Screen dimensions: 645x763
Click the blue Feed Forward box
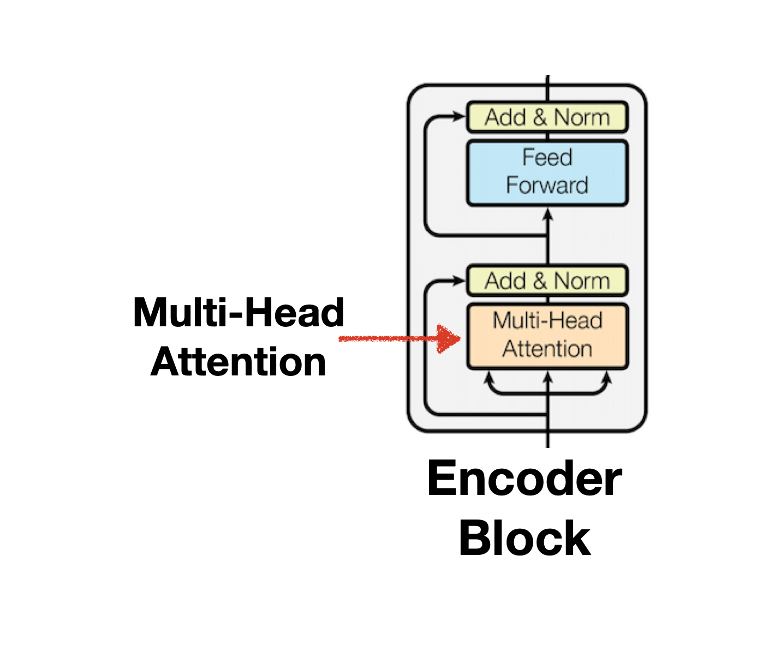tap(547, 173)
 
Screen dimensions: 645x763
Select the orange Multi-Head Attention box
tap(547, 336)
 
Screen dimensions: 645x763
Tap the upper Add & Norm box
tap(547, 117)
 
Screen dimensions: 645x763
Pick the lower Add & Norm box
tap(547, 280)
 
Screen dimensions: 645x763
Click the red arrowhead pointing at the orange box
tap(450, 339)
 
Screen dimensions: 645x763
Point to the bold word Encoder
tap(524, 479)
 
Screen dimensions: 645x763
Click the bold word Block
tap(524, 538)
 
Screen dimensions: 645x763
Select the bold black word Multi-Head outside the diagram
tap(239, 313)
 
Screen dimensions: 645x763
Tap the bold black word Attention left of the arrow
tap(239, 362)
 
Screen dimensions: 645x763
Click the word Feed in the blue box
tap(547, 158)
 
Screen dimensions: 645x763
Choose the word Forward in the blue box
tap(547, 186)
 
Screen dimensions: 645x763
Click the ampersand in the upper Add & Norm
tap(540, 117)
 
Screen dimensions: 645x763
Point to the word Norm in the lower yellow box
tap(582, 281)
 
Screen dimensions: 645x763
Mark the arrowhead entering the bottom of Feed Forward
tap(548, 214)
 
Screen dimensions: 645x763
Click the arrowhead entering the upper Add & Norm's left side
tap(459, 116)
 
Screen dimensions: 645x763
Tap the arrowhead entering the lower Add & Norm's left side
tap(459, 280)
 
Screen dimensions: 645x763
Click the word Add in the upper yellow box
tap(505, 117)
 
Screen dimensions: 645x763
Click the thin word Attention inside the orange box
tap(547, 349)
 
